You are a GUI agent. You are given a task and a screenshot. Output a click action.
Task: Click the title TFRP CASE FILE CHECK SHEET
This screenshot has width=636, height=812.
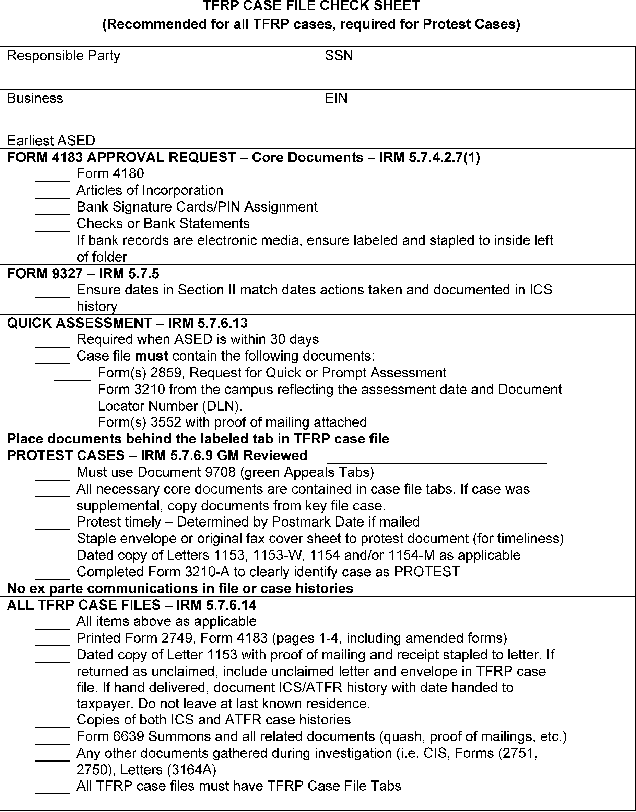(311, 6)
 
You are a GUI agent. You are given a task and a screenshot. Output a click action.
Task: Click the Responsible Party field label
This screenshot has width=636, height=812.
(64, 56)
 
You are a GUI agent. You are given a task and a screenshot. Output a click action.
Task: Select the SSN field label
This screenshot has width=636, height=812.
(339, 56)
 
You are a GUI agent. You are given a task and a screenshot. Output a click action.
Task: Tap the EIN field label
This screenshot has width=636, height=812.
(336, 98)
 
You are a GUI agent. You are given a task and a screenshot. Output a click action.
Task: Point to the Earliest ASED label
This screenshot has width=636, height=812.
(51, 140)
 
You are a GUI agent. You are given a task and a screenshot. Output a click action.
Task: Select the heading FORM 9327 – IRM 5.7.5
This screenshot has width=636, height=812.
(83, 273)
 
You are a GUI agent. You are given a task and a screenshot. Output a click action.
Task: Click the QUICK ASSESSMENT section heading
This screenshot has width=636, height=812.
(127, 323)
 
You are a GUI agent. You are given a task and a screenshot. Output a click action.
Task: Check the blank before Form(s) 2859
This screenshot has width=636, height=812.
(72, 377)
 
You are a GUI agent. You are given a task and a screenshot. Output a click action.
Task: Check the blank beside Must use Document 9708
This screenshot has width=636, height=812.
(52, 476)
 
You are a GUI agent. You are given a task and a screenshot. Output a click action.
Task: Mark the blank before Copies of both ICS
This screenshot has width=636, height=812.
(52, 724)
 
